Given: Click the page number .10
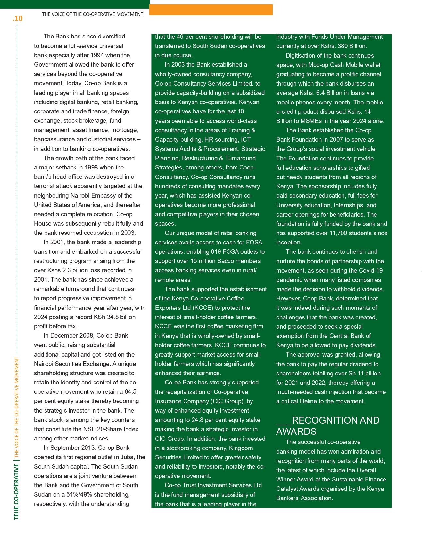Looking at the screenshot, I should (x=18, y=18).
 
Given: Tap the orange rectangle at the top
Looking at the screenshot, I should (x=211, y=10).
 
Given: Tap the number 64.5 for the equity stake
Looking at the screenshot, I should (x=130, y=391).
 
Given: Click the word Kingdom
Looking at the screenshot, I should (x=239, y=448).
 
